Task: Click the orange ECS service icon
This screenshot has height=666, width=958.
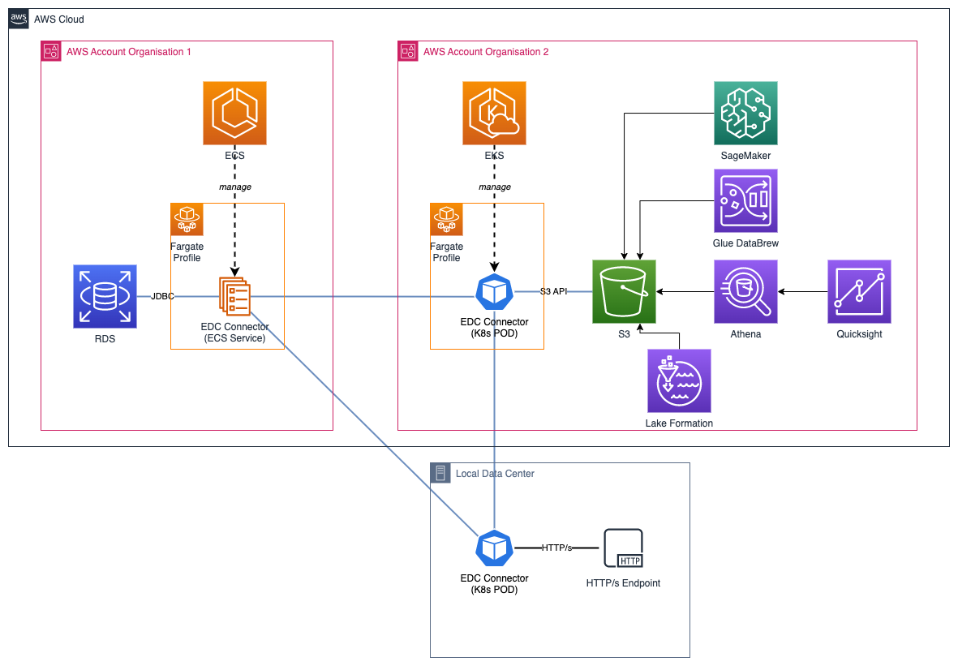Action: (234, 114)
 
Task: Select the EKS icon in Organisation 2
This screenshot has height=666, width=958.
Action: (494, 114)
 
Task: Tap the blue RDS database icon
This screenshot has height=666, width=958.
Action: (105, 296)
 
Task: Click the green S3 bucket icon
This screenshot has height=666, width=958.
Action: (624, 291)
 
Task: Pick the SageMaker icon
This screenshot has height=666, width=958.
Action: (745, 113)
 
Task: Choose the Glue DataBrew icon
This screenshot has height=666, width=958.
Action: (745, 200)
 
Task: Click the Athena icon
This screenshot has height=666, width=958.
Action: (745, 291)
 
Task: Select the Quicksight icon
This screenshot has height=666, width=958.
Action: (859, 291)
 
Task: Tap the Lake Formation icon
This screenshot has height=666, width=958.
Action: (679, 380)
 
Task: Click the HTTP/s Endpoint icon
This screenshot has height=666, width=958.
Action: (623, 548)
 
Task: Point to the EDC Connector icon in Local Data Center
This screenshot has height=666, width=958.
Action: (494, 548)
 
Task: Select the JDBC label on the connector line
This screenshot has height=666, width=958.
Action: (162, 296)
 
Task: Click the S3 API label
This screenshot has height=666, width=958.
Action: (553, 290)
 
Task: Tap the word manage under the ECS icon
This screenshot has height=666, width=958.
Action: (234, 187)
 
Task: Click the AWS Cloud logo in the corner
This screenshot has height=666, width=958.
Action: (19, 19)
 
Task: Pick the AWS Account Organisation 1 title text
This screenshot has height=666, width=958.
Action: (129, 52)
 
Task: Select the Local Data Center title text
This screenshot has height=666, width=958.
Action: (495, 473)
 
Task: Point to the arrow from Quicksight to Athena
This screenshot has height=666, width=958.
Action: (803, 291)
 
